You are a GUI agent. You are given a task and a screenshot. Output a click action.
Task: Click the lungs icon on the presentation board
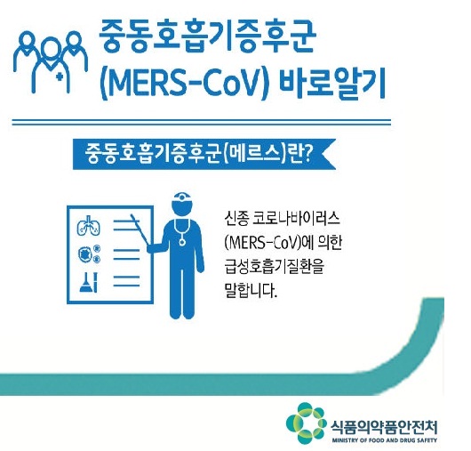coord(89,226)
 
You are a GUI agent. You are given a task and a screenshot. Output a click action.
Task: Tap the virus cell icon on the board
coord(89,254)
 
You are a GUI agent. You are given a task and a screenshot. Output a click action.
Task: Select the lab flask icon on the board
coord(89,282)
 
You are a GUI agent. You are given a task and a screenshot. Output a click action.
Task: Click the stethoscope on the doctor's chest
coord(182,232)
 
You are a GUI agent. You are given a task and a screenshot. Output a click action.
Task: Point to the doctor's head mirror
coord(182,197)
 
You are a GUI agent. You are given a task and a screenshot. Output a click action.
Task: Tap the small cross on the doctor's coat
coord(60,77)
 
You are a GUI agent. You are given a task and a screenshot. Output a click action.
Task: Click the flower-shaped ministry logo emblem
coord(306,423)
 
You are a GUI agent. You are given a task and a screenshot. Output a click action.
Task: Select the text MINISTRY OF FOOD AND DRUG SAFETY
coord(385,440)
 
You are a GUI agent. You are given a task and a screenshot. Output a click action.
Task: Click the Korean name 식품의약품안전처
coord(384,427)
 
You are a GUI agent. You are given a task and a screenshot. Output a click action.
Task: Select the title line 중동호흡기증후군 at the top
coord(207,38)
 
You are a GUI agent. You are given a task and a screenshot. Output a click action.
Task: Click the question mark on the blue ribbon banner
coord(306,153)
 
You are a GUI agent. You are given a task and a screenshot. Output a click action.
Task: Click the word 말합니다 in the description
coord(250,290)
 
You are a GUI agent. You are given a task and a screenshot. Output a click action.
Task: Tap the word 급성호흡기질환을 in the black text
coord(275,266)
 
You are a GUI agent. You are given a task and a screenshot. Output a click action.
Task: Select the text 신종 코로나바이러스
coord(282,219)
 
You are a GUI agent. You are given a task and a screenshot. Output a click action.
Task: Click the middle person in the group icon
coord(51,64)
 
